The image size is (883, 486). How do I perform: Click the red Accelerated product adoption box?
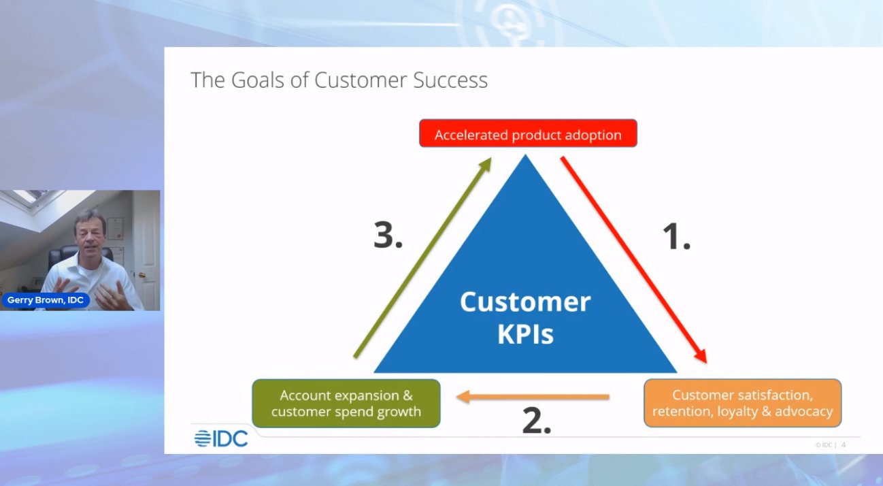(528, 134)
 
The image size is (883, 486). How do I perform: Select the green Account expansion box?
(346, 404)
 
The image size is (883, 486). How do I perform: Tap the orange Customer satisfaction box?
(742, 404)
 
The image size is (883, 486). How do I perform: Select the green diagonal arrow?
(422, 258)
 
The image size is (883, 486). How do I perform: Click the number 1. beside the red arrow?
(676, 236)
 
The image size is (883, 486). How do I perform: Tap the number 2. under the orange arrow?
(536, 421)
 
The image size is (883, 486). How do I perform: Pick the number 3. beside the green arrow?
(388, 235)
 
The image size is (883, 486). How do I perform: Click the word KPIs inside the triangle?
(525, 335)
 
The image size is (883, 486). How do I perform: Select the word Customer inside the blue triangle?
(525, 302)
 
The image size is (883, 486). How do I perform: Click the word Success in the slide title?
(454, 80)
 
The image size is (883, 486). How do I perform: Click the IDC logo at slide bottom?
(221, 439)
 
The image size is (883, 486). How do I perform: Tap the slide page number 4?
(844, 445)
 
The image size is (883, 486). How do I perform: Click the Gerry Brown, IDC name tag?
(46, 300)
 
